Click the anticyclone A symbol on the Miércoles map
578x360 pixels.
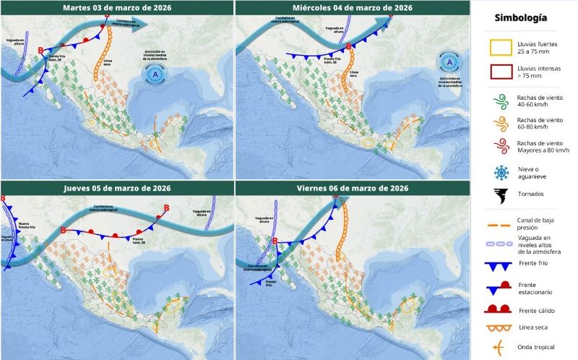[449, 64]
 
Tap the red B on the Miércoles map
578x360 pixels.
[348, 47]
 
